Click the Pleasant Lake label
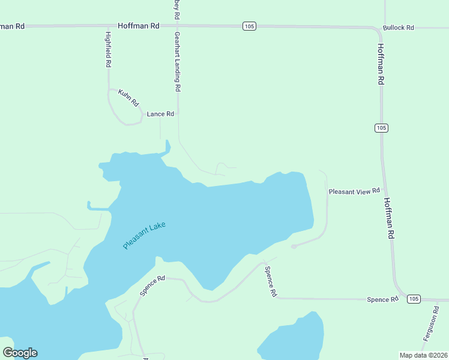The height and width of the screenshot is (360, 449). [144, 236]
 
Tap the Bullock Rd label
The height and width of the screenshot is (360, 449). [399, 28]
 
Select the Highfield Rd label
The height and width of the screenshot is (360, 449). [109, 49]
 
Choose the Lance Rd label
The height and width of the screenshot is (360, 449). [160, 114]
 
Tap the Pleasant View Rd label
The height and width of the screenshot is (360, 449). [354, 191]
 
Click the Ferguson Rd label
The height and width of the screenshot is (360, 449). [431, 324]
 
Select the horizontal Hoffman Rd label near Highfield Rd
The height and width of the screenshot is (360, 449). [139, 26]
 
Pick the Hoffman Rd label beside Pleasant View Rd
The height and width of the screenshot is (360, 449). [388, 218]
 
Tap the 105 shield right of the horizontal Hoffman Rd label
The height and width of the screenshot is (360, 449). [250, 26]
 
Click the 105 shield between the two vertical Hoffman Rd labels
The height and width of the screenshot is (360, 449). [382, 128]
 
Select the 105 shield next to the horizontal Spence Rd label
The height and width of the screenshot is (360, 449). [413, 299]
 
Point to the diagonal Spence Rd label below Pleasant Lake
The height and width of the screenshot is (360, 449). [152, 286]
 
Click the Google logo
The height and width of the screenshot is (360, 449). [20, 353]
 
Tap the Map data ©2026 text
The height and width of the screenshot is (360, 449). [423, 355]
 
